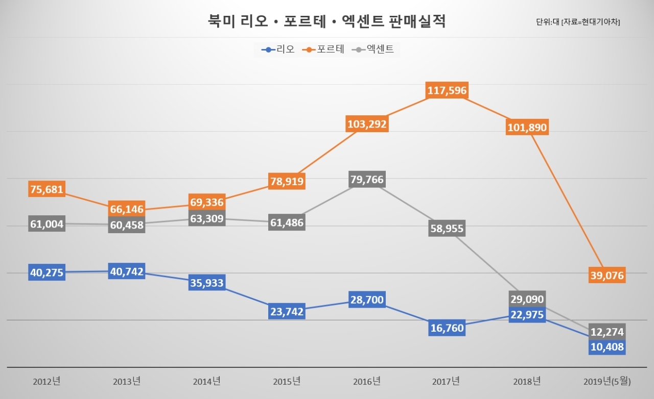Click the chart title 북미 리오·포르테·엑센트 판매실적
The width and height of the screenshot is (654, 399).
click(326, 21)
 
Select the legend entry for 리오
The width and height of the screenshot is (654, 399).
click(278, 49)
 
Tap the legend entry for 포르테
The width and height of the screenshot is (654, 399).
click(323, 49)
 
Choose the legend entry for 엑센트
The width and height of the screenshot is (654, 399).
click(373, 49)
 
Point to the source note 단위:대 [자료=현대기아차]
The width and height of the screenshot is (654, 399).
click(578, 22)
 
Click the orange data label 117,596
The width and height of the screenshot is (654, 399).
click(447, 90)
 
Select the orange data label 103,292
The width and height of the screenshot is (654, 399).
click(367, 124)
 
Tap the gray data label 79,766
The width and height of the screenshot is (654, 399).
click(367, 179)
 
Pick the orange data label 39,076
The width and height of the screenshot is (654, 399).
click(607, 275)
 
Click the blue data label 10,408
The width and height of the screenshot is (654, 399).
click(607, 347)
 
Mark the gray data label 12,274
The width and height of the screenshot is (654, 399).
click(607, 332)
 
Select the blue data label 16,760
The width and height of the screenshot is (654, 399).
click(447, 328)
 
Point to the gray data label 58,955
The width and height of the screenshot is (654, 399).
click(447, 228)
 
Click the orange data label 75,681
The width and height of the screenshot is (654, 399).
click(46, 189)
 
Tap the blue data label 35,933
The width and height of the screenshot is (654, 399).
click(207, 283)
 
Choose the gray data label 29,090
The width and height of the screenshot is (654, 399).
click(527, 299)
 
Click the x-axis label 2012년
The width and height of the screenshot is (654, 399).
click(46, 381)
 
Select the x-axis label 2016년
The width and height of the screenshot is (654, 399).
click(367, 381)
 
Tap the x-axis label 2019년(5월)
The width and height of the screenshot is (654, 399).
click(607, 381)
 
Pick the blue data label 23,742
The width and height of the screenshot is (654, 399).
click(287, 311)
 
